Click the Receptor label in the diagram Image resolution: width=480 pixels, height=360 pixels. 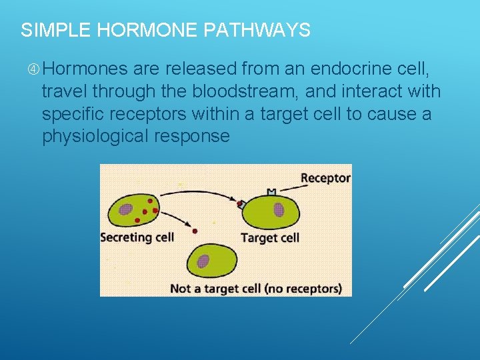(325, 178)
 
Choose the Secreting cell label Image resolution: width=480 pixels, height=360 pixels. (137, 237)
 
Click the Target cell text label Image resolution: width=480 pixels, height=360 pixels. (269, 237)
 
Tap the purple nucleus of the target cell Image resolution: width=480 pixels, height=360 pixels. (278, 210)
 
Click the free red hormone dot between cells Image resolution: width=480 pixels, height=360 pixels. (195, 231)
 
